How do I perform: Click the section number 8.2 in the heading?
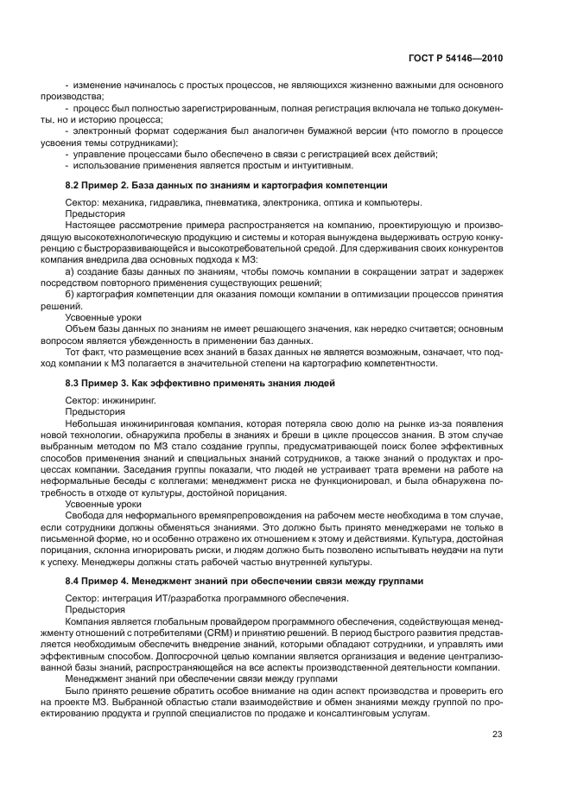pyautogui.click(x=73, y=186)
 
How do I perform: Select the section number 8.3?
pyautogui.click(x=73, y=383)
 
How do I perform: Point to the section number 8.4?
pyautogui.click(x=73, y=580)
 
